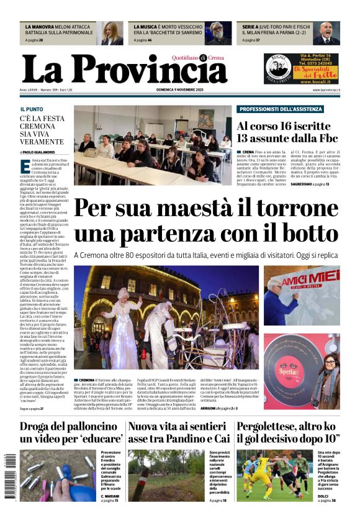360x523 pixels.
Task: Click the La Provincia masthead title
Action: tap(124, 68)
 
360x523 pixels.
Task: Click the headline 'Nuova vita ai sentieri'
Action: tap(179, 427)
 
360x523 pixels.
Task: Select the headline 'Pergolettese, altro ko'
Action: tap(288, 427)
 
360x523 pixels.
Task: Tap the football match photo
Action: tap(274, 476)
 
